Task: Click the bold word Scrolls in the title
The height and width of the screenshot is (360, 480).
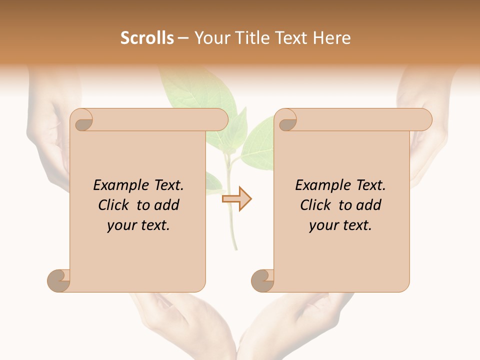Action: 147,38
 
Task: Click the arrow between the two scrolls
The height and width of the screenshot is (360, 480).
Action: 236,198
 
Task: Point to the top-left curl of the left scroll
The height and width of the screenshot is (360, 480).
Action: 82,120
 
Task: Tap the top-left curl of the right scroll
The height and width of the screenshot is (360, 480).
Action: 286,120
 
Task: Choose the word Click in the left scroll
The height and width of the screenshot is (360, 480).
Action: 114,205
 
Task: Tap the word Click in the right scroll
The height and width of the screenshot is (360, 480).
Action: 316,205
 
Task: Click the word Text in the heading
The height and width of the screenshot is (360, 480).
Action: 292,38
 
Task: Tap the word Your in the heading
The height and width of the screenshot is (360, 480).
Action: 210,38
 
